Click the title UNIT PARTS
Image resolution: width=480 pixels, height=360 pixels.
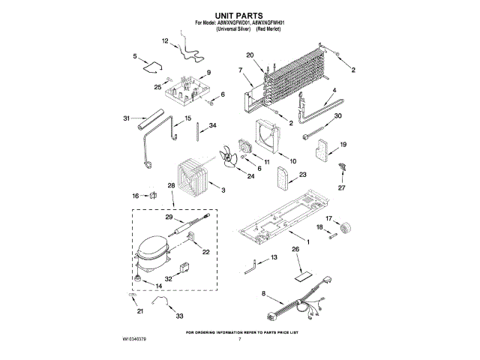[239, 14]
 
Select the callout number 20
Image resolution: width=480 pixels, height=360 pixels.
[250, 54]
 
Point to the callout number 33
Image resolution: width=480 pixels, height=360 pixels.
[180, 316]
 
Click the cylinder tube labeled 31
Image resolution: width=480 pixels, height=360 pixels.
[152, 120]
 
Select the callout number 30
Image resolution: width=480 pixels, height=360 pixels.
[337, 115]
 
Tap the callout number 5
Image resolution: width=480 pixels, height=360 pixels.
[135, 56]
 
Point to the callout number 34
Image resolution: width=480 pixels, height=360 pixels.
[213, 125]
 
